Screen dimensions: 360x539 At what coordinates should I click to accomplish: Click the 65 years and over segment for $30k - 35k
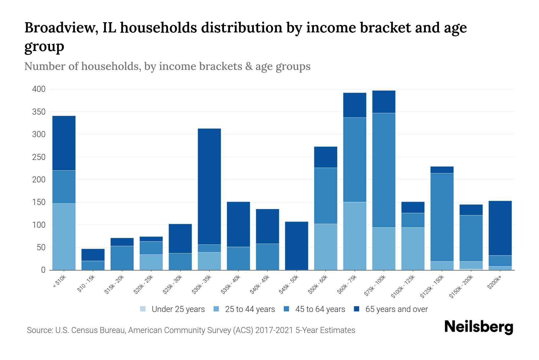[209, 186]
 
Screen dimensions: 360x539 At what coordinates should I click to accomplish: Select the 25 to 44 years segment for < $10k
[64, 237]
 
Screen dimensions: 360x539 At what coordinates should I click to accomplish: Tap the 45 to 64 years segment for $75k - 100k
[384, 170]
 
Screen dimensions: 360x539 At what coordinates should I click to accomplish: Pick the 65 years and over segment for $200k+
[500, 228]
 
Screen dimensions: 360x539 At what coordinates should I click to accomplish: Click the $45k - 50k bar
[296, 246]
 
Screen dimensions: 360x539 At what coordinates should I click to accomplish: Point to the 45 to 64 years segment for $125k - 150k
[442, 217]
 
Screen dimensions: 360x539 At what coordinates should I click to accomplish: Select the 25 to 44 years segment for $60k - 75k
[355, 236]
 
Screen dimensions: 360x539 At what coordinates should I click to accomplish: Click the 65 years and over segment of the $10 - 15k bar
[93, 255]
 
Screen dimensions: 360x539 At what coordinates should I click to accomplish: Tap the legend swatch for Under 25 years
[143, 309]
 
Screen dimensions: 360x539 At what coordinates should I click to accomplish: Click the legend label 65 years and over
[396, 309]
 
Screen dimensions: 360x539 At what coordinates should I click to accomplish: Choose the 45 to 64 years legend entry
[320, 309]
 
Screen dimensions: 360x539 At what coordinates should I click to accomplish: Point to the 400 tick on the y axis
[39, 89]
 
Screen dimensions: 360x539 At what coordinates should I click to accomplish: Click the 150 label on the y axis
[39, 202]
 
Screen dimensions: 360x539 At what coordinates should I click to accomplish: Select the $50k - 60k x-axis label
[318, 285]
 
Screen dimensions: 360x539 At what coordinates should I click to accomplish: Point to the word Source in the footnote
[39, 330]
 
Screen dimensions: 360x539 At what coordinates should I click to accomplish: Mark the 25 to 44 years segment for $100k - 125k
[413, 249]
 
